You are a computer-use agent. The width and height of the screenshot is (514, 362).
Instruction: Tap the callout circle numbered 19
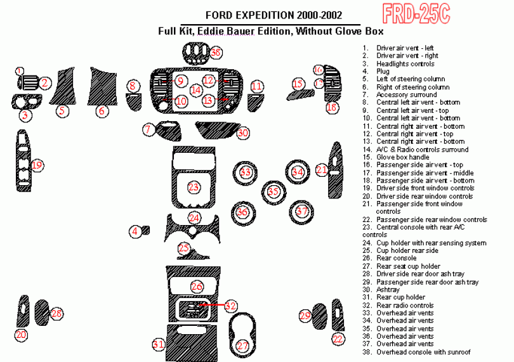pos(37,165)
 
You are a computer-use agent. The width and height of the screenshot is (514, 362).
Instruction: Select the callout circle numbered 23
pos(194,186)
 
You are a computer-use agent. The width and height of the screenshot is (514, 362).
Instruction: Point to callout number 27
pos(243,346)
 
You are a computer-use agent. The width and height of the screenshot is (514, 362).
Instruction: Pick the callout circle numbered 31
pos(159,344)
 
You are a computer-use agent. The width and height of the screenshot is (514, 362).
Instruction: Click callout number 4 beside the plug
pos(135,231)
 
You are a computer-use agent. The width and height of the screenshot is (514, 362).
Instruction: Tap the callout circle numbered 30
pos(242,133)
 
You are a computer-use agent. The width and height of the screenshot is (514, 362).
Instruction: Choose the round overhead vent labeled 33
pos(245,172)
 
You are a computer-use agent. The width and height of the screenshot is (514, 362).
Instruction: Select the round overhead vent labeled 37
pos(302,210)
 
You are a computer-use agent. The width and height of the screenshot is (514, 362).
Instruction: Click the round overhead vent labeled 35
pos(273,191)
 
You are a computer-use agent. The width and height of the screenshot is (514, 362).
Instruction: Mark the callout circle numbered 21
pos(322,169)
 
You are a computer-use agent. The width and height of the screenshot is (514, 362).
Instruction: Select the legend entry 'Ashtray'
pos(388,290)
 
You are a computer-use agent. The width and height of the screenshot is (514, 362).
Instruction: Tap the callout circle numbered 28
pos(57,313)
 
